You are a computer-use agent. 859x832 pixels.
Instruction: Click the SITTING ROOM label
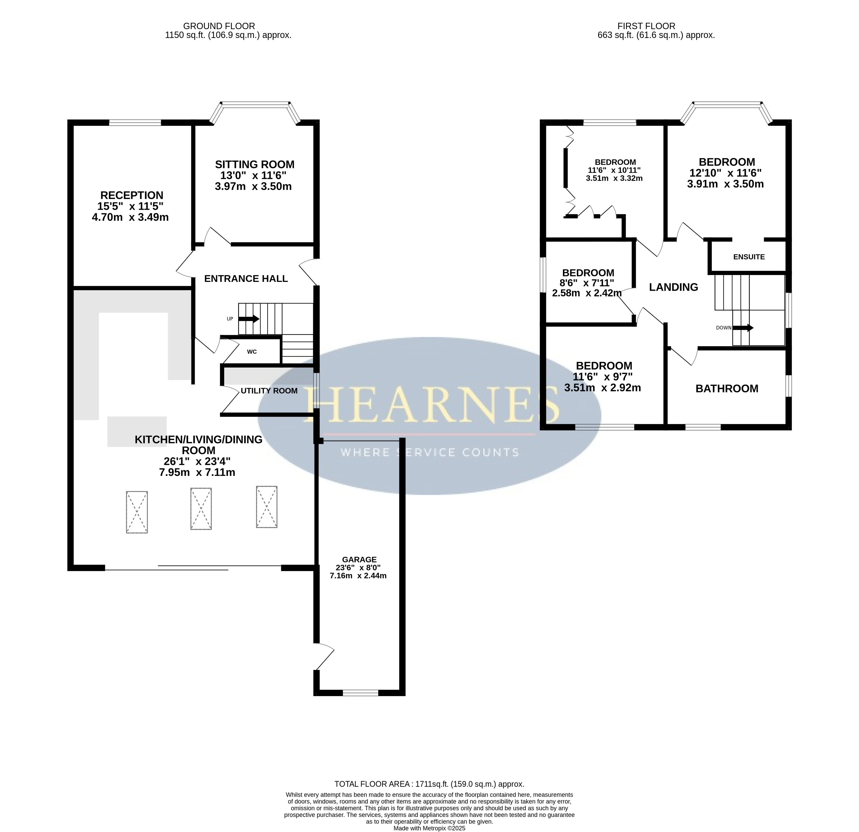pos(255,165)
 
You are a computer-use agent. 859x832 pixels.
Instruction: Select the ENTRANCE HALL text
pos(246,279)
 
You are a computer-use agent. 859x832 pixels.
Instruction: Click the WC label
pos(252,352)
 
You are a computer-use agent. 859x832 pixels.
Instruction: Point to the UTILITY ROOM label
pos(269,391)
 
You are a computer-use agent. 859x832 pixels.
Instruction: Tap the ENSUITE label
pos(749,257)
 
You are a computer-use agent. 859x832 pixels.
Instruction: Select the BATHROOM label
pos(727,389)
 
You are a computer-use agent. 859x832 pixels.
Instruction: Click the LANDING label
pos(674,287)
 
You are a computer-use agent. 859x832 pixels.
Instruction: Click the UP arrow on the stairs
pos(249,319)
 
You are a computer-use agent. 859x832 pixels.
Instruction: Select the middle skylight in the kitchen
pos(201,509)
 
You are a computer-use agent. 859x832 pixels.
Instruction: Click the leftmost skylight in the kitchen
pos(137,512)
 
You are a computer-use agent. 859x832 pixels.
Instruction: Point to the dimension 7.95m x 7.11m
pos(197,472)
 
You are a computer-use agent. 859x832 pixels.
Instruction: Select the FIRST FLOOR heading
pos(646,26)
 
